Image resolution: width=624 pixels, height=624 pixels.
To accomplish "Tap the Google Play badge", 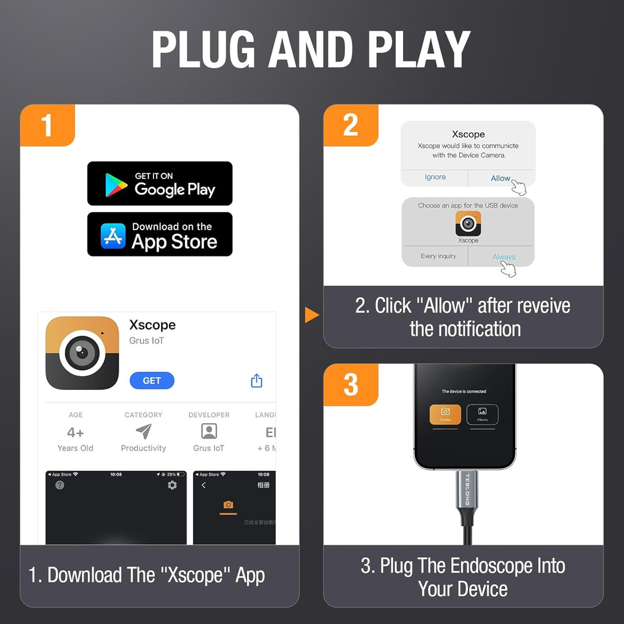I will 160,183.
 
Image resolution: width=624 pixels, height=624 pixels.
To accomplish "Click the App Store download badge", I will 160,235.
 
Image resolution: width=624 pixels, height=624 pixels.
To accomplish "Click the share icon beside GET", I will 256,381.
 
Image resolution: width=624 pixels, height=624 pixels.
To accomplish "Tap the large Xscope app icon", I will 82,353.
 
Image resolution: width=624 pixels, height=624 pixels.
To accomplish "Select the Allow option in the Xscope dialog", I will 501,178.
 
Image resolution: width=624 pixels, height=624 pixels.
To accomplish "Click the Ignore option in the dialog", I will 435,177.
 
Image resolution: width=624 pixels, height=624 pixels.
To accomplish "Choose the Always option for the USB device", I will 503,256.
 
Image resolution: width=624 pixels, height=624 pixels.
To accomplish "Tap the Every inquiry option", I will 438,256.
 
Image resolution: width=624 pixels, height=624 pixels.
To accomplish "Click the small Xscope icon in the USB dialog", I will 468,223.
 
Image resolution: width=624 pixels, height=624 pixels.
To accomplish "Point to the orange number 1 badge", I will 47,125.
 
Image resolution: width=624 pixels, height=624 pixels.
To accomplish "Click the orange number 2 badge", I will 351,125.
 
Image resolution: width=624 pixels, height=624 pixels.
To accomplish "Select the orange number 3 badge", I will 351,385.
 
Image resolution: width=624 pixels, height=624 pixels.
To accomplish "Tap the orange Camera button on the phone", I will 446,414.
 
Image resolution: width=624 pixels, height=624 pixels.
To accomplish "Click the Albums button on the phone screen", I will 482,414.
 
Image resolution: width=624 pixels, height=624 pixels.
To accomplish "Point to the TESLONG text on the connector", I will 466,490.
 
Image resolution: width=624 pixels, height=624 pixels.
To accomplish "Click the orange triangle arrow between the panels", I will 311,315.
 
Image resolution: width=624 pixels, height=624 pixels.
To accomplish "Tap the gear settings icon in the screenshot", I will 172,485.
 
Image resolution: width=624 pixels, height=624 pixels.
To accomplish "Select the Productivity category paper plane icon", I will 144,431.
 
